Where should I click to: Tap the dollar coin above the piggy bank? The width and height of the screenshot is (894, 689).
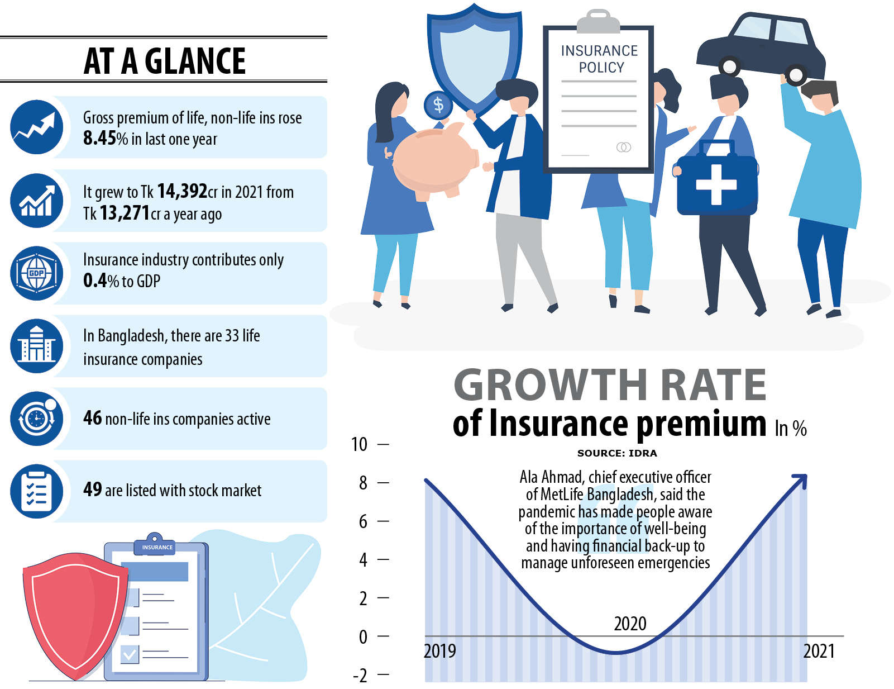click(438, 104)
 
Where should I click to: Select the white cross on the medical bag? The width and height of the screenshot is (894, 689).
click(716, 184)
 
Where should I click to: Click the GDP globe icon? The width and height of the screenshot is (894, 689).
click(36, 273)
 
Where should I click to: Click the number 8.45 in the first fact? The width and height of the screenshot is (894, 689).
click(99, 138)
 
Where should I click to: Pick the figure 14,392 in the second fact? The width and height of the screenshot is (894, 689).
click(182, 191)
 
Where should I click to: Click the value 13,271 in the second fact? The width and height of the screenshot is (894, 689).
click(125, 213)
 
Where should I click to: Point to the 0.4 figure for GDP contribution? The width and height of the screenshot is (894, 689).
click(94, 281)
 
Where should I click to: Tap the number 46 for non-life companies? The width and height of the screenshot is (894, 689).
click(93, 418)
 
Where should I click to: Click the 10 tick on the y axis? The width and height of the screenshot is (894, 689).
click(359, 444)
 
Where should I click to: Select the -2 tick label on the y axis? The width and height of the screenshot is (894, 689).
click(360, 676)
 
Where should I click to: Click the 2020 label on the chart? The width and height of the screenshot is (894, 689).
click(630, 624)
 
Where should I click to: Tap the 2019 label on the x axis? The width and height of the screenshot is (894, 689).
click(440, 651)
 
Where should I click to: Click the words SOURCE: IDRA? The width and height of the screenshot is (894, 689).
click(616, 453)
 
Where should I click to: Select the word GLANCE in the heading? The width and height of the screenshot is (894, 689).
click(195, 61)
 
